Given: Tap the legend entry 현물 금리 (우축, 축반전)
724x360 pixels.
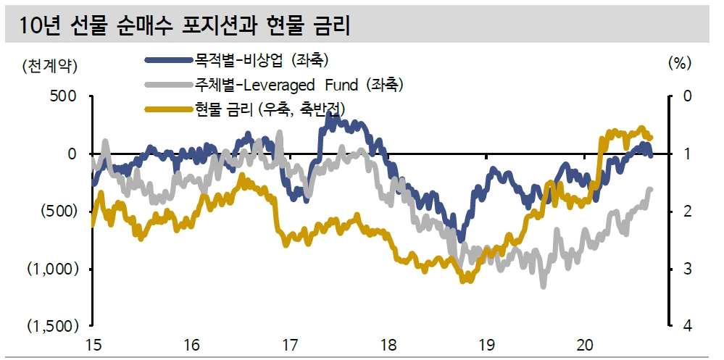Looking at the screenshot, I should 264,109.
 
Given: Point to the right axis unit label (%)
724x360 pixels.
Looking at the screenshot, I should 678,63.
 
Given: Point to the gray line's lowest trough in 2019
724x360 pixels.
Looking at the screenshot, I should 543,285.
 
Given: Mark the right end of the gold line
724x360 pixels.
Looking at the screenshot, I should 651,137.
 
